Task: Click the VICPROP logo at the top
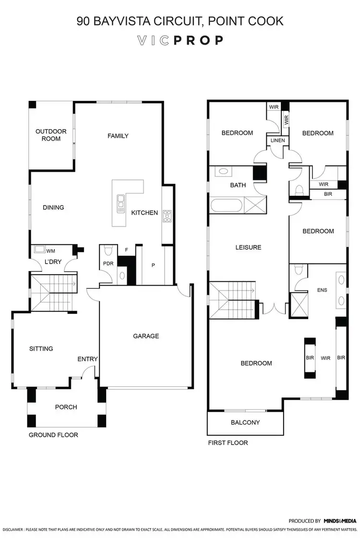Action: pos(180,40)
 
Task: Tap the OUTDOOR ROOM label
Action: pos(51,135)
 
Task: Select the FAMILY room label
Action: pos(118,136)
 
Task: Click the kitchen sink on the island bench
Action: pos(120,204)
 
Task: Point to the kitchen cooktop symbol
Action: pos(167,216)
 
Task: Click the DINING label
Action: pos(53,208)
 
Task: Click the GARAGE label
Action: pos(146,336)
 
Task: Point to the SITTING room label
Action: pos(41,348)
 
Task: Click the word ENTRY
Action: pos(88,359)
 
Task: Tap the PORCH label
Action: pos(66,407)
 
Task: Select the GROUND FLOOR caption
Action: pos(53,435)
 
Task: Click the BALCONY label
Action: pos(245,422)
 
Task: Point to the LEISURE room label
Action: pos(248,248)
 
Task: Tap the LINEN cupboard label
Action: pos(277,141)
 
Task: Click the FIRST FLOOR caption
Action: pos(228,443)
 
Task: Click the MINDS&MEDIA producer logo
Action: pos(339,521)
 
